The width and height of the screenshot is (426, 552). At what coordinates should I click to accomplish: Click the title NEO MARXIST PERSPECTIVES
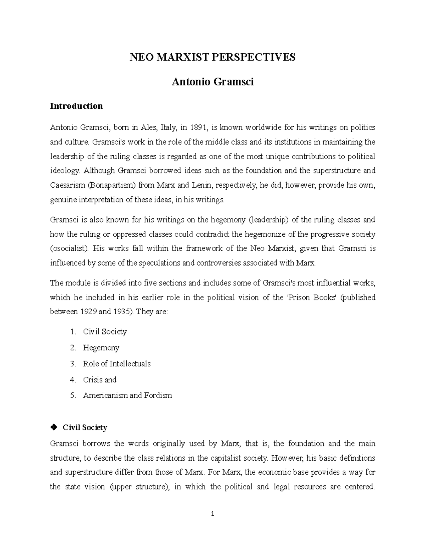point(212,57)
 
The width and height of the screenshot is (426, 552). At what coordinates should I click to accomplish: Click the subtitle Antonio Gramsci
point(213,82)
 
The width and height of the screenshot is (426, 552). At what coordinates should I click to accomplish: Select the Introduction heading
point(76,106)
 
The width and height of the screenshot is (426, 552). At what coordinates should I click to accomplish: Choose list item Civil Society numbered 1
point(105,332)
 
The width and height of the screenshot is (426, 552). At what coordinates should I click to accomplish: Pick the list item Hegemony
point(101,348)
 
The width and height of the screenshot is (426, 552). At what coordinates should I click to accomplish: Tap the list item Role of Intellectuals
point(116,364)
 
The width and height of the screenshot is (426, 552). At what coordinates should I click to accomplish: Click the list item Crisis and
point(99,380)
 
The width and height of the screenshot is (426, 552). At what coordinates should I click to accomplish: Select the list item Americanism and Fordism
point(127,395)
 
